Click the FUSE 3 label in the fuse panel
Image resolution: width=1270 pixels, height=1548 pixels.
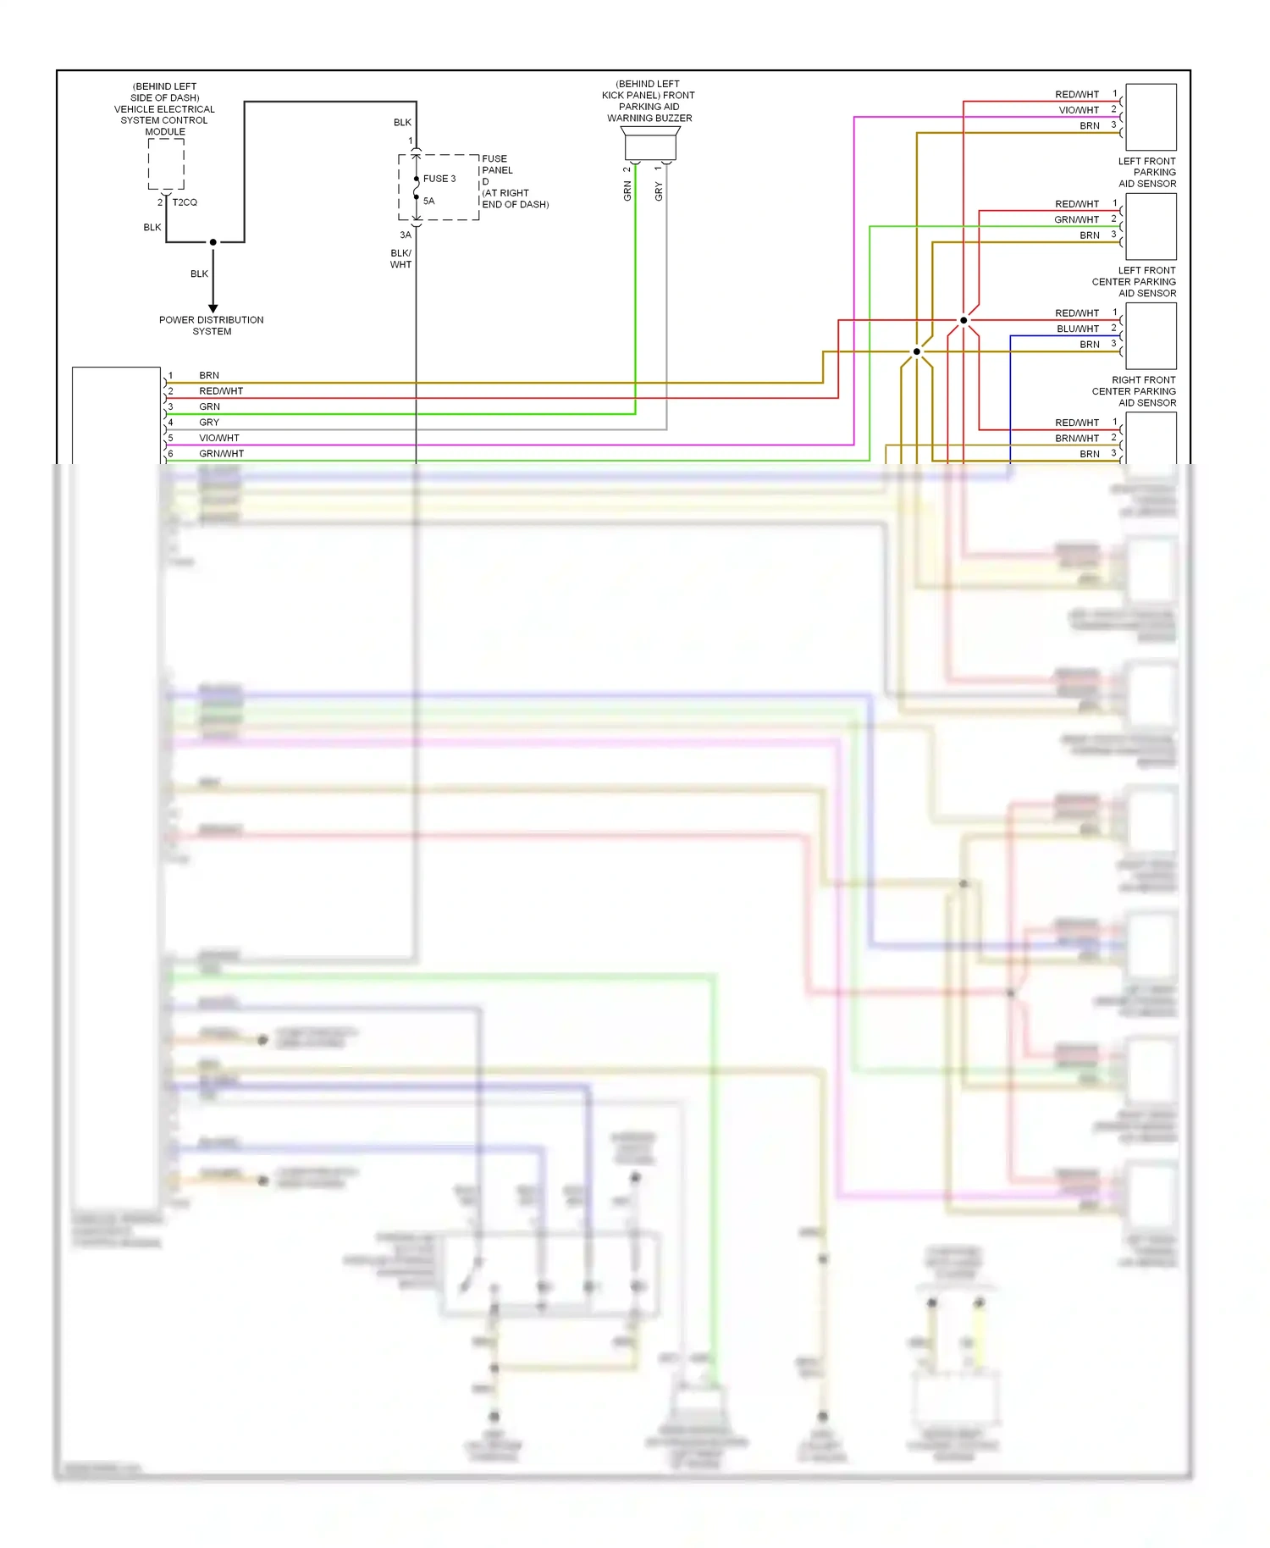[439, 179]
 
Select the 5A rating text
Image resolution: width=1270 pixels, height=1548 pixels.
[428, 202]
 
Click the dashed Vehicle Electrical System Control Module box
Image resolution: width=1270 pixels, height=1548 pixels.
[166, 164]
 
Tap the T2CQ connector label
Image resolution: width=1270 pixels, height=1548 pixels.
[185, 202]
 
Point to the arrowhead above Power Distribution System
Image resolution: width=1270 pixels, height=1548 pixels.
[213, 308]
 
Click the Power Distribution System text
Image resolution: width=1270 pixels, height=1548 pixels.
[212, 326]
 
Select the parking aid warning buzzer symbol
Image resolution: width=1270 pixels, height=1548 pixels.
[649, 145]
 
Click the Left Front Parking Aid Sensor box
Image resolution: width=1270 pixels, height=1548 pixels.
[1151, 117]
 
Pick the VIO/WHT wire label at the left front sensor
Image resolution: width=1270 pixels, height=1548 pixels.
[1078, 110]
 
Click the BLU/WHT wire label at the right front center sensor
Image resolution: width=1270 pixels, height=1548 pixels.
[1077, 329]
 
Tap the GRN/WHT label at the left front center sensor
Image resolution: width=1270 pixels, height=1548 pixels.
[1076, 219]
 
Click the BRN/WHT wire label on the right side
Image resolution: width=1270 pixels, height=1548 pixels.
[1076, 439]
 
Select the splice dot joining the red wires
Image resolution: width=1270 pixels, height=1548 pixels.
[964, 320]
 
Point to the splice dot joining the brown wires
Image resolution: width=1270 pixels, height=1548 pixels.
[917, 351]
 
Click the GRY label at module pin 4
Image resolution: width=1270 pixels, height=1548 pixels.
[209, 423]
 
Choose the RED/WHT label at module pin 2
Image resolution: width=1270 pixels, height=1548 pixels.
[221, 391]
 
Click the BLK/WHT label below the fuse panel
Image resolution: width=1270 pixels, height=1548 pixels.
[400, 259]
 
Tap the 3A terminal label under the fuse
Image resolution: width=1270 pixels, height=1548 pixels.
[406, 235]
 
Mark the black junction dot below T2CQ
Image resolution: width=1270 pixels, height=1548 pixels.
[213, 242]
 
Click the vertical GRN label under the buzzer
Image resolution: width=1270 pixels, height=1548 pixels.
[627, 191]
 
